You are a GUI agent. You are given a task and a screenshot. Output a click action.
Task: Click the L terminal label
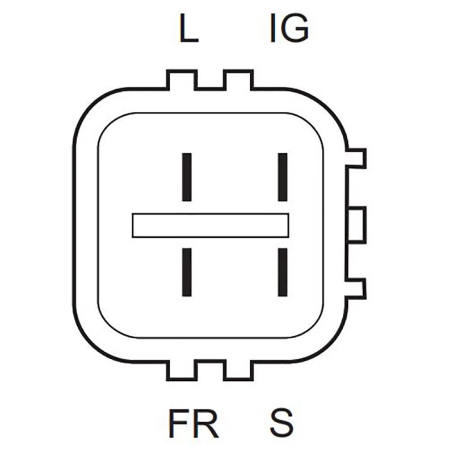click(x=188, y=30)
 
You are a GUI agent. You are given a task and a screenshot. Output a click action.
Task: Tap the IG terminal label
click(x=289, y=30)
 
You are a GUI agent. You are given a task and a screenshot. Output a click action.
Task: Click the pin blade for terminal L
click(x=186, y=176)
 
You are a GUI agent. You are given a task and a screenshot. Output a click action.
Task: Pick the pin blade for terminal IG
click(x=282, y=176)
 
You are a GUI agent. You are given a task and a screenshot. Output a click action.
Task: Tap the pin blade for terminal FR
click(x=186, y=272)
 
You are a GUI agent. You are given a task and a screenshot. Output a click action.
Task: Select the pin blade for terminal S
click(x=282, y=272)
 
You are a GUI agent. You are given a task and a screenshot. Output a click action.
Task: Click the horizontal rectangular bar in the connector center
click(x=211, y=225)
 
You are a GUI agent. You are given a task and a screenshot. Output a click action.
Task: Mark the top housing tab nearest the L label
click(x=182, y=80)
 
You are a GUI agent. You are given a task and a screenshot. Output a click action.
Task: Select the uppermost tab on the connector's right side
click(x=356, y=158)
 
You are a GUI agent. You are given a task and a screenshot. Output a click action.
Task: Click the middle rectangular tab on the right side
click(x=356, y=225)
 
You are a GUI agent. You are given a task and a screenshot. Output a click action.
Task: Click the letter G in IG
click(x=296, y=30)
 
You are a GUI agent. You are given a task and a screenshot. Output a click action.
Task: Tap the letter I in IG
click(x=274, y=30)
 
